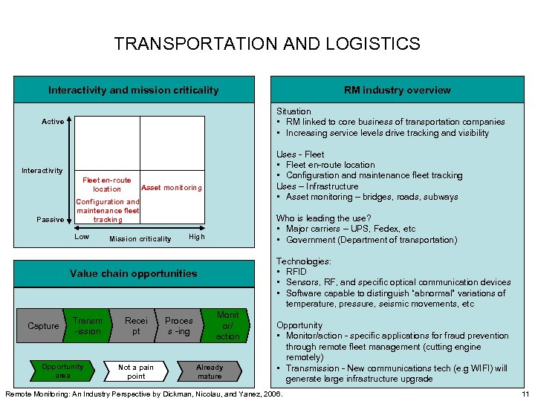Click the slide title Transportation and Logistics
267,44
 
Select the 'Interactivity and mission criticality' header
134,90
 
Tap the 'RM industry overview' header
397,90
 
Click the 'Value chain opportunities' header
134,273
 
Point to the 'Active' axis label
53,122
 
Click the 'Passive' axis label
51,219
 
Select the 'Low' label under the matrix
82,237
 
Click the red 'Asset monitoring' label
171,187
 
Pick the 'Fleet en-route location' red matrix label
107,184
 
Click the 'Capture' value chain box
43,326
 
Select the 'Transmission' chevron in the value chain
88,326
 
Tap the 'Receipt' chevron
136,326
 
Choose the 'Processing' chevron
179,326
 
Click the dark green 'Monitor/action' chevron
227,326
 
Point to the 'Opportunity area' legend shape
62,371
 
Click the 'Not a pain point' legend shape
137,371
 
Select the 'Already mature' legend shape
209,371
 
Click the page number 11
525,393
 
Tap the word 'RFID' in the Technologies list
296,272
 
